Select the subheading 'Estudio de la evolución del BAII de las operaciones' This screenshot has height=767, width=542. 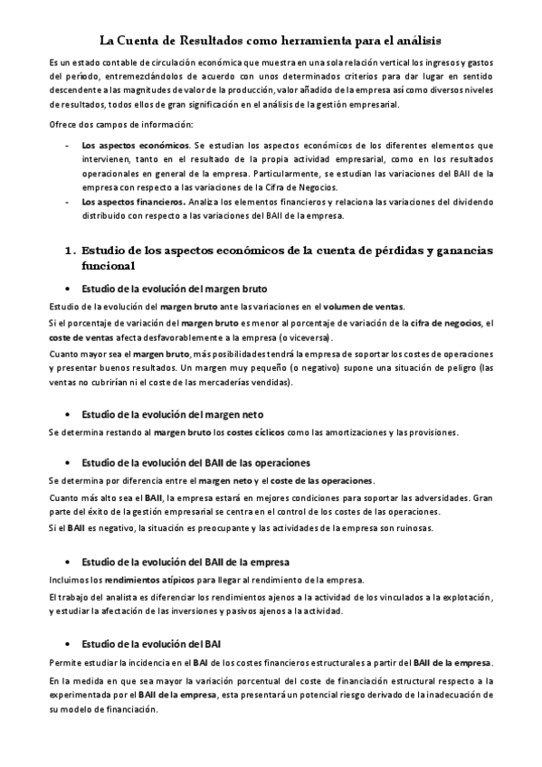(195, 462)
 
